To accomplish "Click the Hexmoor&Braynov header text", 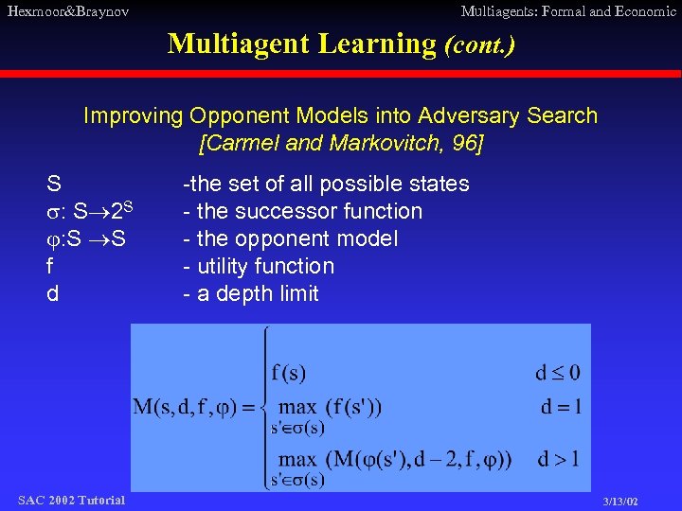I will tap(67, 11).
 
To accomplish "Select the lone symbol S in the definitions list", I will tap(54, 184).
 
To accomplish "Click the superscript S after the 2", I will tap(128, 205).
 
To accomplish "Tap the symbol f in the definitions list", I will tap(50, 267).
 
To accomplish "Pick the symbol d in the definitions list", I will tap(53, 293).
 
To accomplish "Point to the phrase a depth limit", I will tap(258, 293).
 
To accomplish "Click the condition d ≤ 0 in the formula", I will tap(557, 372).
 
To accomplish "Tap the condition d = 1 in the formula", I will tap(559, 408).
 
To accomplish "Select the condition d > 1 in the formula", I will tap(557, 459).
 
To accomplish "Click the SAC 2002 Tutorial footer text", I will tap(71, 500).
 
